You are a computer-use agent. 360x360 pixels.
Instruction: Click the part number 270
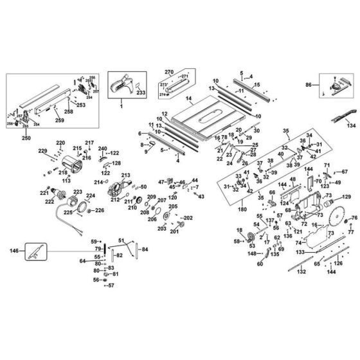tap(170, 71)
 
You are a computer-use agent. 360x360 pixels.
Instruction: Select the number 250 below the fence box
tap(26, 137)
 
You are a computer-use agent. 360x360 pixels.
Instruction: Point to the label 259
tap(59, 120)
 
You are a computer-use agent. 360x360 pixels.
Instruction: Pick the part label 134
tap(350, 127)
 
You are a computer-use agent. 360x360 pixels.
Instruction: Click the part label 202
tap(188, 218)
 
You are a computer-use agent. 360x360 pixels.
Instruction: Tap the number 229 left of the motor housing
tap(43, 150)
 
